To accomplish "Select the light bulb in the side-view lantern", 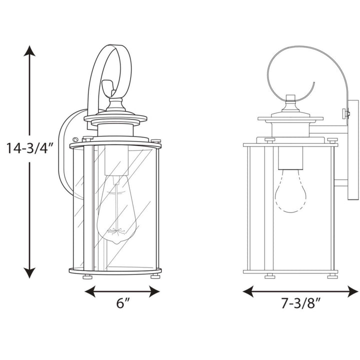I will tap(290, 192).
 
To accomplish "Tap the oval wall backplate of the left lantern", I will tap(68, 150).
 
